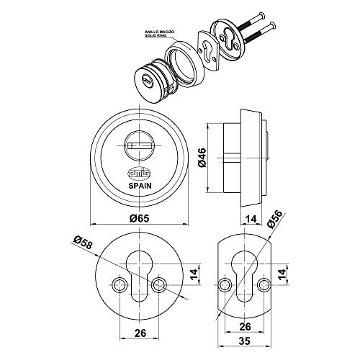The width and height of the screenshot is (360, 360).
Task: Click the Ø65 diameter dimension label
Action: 139,218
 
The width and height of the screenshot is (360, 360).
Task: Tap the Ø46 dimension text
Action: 202,158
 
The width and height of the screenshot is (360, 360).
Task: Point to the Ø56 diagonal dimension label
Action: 275,219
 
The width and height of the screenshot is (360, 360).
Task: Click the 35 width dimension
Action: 245,341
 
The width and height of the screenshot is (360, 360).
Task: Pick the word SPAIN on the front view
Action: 140,186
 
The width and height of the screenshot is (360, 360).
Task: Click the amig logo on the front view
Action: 140,174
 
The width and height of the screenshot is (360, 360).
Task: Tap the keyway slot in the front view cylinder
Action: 140,145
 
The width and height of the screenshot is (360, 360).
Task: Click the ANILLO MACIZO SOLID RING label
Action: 156,34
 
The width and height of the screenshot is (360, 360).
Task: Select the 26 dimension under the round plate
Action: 140,333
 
